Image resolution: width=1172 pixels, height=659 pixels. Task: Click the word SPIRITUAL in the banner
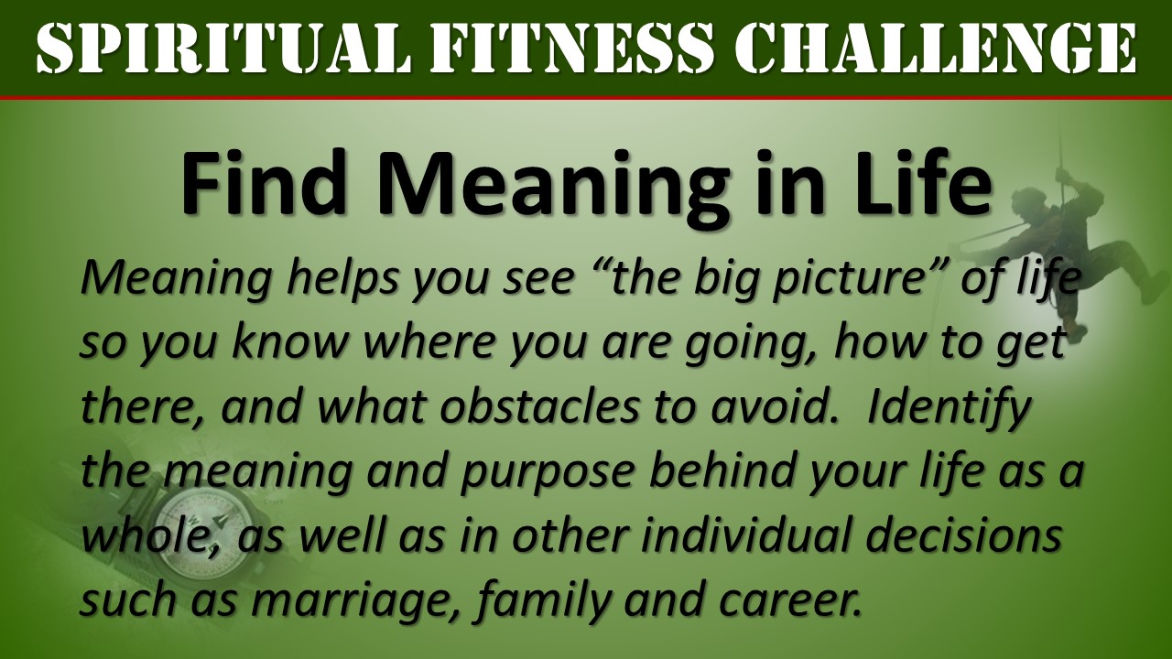tap(222, 48)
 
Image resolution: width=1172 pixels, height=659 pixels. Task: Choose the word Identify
tap(948, 408)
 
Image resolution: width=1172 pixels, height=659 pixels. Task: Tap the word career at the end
tap(790, 601)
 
